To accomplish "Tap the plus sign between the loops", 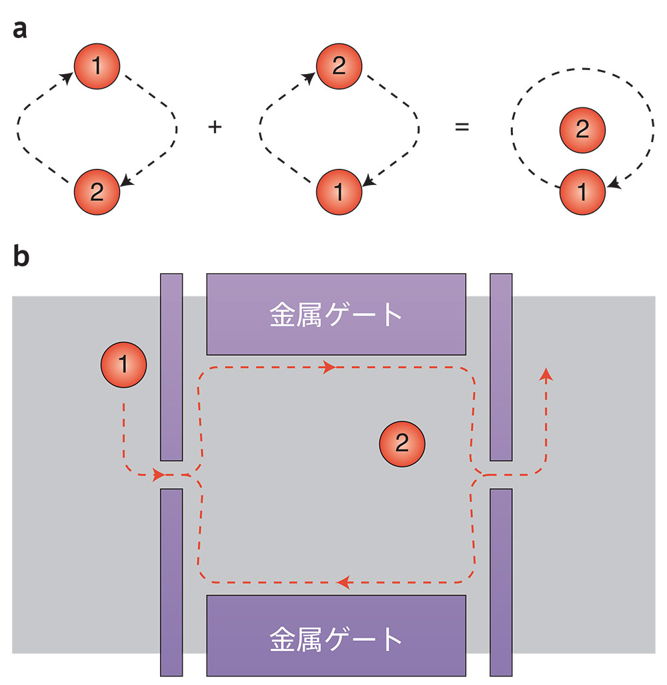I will click(215, 126).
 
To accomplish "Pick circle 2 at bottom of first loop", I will click(97, 192).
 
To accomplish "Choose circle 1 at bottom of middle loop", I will click(339, 192).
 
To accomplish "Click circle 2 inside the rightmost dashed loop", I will click(582, 130).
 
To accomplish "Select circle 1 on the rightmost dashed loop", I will click(582, 192).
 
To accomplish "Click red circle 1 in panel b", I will click(123, 365).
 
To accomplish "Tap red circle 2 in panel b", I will click(401, 443).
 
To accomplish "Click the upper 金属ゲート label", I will click(336, 314).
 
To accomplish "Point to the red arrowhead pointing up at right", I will click(546, 373).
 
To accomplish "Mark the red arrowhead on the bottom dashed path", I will click(344, 583).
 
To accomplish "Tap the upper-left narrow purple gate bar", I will click(171, 367).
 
